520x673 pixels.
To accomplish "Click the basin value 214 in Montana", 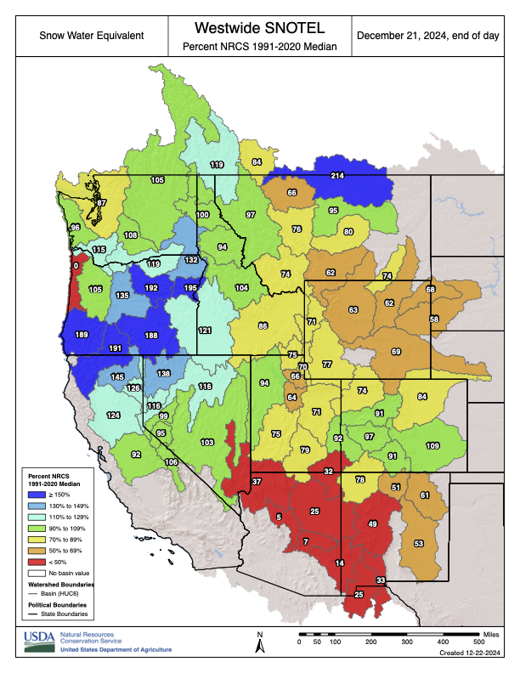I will [x=336, y=175].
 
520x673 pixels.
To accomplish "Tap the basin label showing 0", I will [x=76, y=266].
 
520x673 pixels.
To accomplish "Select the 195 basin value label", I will [x=190, y=288].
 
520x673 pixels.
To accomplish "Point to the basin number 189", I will [x=82, y=335].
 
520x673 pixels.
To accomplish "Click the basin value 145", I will [x=117, y=376].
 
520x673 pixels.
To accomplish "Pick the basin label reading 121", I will [x=205, y=330].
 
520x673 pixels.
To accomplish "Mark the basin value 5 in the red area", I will [x=278, y=517].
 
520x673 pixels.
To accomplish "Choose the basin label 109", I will [x=432, y=446].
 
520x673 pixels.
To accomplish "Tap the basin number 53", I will [x=418, y=543].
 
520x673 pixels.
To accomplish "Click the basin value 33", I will [x=381, y=580].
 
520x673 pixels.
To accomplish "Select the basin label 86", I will [x=263, y=326].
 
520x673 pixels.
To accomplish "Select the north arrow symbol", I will [x=261, y=643].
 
